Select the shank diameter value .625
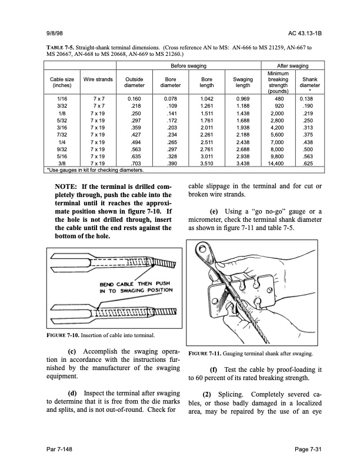[309, 162]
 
